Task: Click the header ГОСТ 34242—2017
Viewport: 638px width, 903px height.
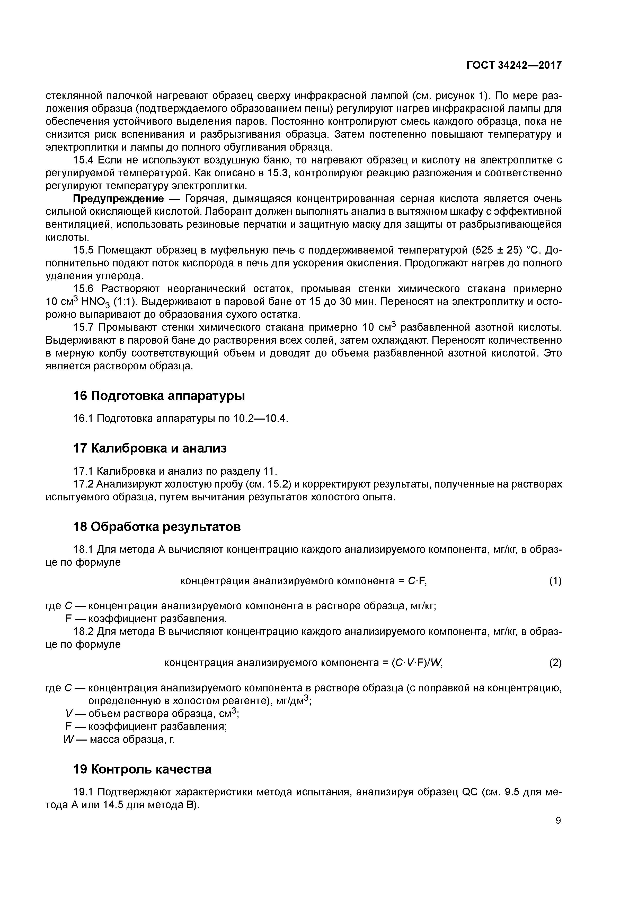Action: click(x=514, y=66)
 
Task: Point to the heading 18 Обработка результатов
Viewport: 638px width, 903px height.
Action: click(x=157, y=527)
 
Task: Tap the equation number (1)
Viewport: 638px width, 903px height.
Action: click(x=555, y=581)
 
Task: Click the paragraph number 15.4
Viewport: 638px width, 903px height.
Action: click(x=83, y=160)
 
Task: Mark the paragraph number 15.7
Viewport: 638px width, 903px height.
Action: click(x=83, y=328)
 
